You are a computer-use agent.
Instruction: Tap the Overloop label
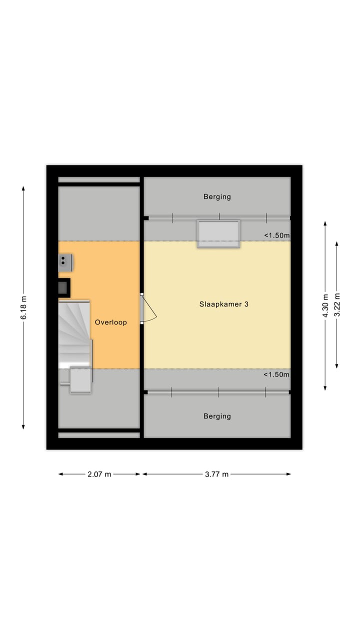click(x=111, y=322)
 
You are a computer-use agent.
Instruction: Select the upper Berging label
click(x=217, y=196)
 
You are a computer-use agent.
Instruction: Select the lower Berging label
click(x=217, y=416)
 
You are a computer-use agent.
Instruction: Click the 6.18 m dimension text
click(x=23, y=307)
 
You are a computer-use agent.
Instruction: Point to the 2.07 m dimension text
click(x=99, y=474)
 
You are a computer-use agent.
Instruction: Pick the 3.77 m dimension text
click(x=216, y=474)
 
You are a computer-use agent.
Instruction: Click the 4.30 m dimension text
click(x=325, y=305)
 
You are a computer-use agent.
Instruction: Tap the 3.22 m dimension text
click(x=337, y=305)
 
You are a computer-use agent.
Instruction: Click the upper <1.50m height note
click(x=276, y=235)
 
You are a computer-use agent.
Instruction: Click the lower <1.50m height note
click(x=276, y=374)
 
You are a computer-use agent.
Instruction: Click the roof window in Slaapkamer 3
click(x=218, y=233)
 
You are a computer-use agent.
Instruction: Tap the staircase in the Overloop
click(x=74, y=332)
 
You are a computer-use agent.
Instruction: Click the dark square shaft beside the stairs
click(x=63, y=287)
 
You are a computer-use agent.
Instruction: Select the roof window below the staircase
click(x=80, y=380)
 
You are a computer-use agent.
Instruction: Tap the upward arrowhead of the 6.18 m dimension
click(x=23, y=188)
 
